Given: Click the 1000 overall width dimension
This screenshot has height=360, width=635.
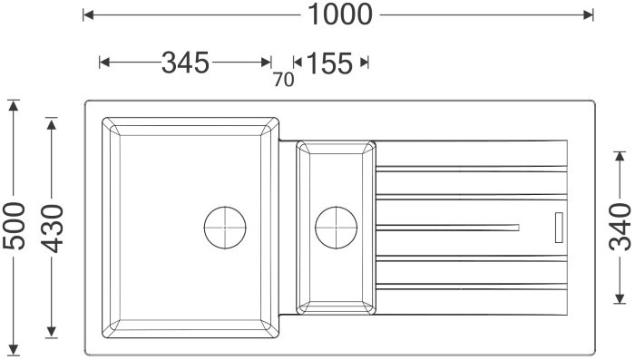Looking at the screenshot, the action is point(340,15).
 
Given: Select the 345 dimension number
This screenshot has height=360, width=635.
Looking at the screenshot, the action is point(185,63).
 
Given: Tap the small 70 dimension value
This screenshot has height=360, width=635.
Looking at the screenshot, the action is point(283,80).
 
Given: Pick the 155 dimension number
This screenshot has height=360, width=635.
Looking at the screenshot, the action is point(329,63).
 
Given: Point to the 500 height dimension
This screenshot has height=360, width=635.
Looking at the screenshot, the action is point(15,225).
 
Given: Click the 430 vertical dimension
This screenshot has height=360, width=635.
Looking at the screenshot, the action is point(53,229).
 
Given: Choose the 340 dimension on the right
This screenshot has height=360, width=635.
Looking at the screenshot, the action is point(620,227).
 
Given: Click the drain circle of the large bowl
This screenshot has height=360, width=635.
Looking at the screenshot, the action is point(225,228).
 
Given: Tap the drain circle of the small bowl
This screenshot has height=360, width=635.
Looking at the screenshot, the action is point(337,228).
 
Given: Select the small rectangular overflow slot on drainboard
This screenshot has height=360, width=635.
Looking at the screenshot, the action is point(559,228).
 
